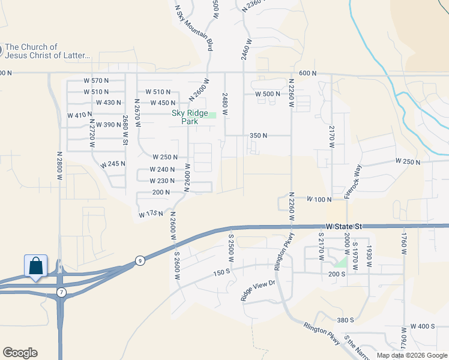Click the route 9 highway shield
click(x=140, y=260)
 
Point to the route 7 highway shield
click(x=61, y=292)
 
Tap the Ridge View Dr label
click(x=258, y=290)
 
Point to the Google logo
click(x=20, y=353)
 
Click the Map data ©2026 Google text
click(x=411, y=355)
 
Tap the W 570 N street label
click(x=96, y=80)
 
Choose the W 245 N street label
click(x=113, y=164)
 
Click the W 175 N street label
click(x=151, y=214)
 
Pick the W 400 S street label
click(x=423, y=326)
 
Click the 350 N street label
click(x=258, y=136)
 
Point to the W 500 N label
click(x=267, y=94)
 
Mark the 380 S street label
click(x=345, y=320)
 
